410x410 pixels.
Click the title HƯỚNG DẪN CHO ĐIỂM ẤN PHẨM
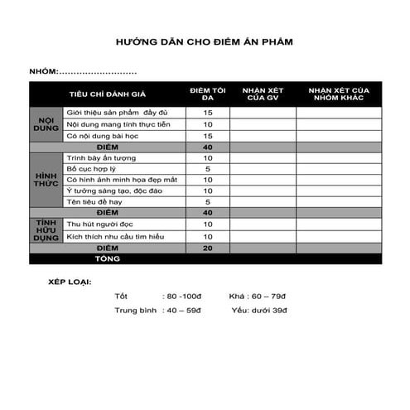(205, 40)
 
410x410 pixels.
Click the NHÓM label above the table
(44, 72)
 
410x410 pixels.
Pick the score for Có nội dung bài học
(208, 135)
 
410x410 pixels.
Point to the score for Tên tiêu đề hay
(208, 202)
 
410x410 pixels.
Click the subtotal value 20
(208, 248)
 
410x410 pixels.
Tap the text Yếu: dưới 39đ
(260, 310)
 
